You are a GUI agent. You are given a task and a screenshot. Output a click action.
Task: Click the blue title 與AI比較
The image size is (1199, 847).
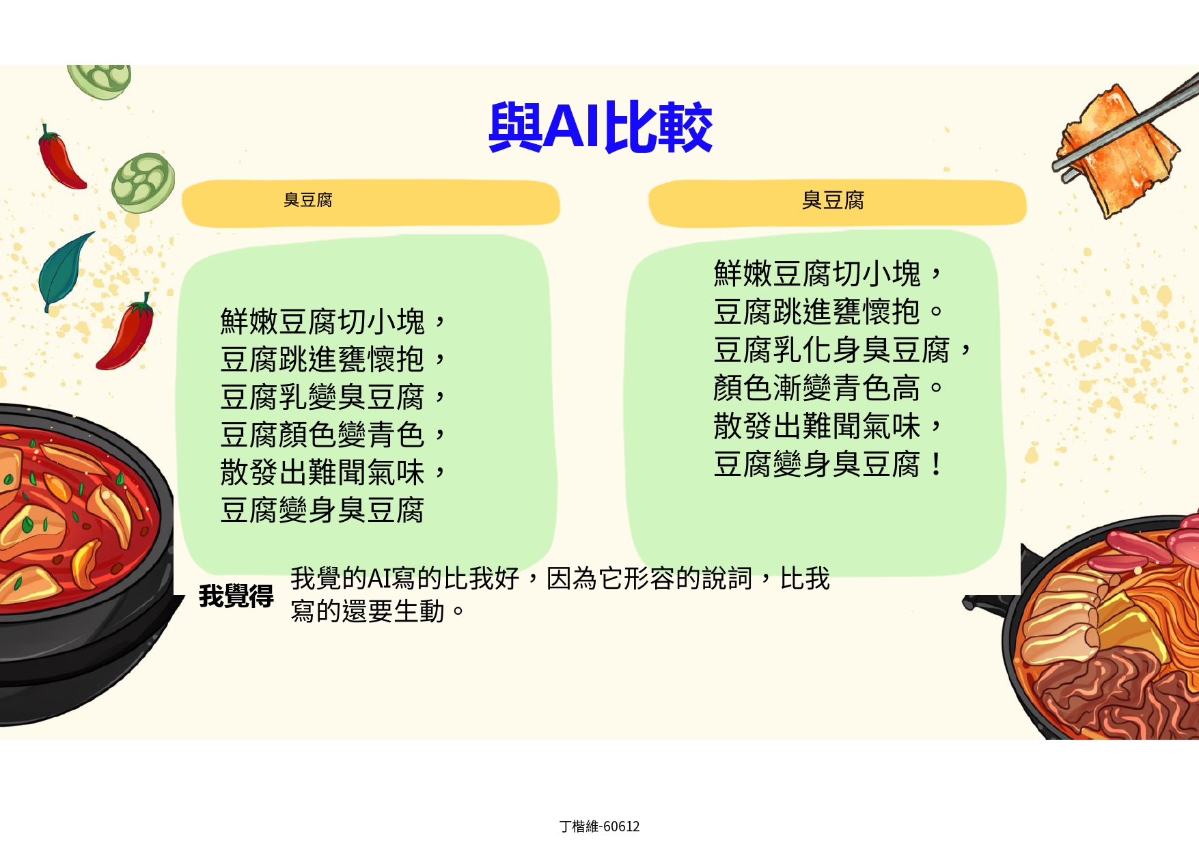click(601, 127)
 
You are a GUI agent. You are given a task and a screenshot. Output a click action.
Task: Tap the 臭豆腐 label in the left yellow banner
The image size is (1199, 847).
click(308, 200)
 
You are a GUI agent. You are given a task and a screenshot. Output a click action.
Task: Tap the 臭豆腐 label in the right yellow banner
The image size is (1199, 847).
click(833, 200)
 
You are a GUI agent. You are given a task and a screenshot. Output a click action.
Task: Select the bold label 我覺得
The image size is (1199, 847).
click(236, 596)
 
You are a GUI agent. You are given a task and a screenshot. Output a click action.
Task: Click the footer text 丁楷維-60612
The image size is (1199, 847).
click(600, 827)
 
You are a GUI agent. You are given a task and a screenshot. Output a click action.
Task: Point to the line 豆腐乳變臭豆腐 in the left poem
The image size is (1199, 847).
click(322, 397)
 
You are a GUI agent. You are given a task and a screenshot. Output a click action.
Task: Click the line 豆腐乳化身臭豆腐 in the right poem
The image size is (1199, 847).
click(831, 350)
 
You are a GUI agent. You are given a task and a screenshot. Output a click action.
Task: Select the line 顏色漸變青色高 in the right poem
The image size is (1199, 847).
click(816, 389)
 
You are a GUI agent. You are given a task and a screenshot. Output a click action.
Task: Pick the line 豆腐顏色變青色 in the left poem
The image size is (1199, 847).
click(322, 434)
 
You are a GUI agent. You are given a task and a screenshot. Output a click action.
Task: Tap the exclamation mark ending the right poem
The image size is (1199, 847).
click(936, 464)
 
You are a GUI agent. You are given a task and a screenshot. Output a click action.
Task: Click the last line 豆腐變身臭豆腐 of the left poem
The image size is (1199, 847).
click(322, 510)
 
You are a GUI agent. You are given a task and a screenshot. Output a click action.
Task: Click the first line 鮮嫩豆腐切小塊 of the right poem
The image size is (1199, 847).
click(816, 274)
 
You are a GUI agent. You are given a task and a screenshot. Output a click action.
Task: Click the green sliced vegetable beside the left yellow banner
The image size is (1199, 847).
click(143, 182)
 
